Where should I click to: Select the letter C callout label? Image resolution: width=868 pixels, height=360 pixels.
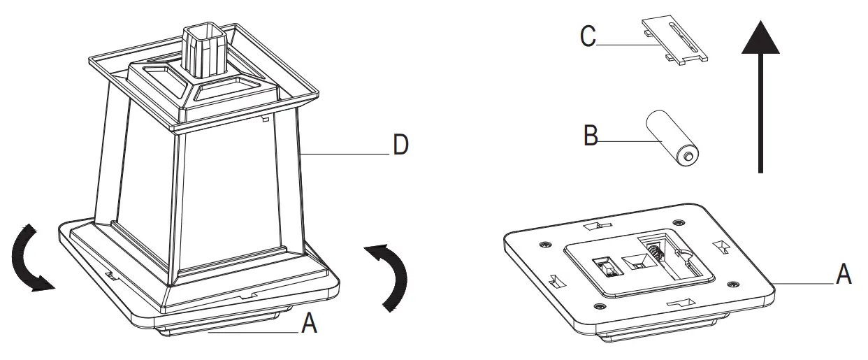(x=588, y=36)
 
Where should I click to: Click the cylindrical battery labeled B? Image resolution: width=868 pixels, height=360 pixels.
(x=671, y=138)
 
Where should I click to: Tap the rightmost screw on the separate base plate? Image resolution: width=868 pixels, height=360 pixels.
(x=731, y=284)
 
